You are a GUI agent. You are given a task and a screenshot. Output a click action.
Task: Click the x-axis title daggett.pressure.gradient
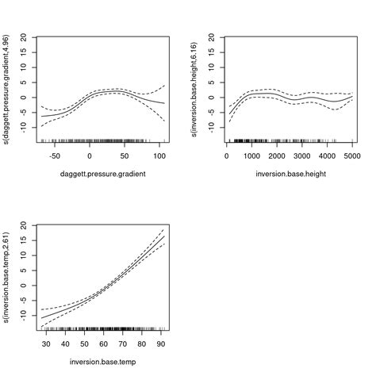(102, 173)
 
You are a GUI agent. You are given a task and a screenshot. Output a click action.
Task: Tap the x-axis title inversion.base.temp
(102, 361)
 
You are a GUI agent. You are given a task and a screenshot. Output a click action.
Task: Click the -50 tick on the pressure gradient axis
(55, 156)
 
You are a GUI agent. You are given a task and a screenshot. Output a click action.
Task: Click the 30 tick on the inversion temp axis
(46, 344)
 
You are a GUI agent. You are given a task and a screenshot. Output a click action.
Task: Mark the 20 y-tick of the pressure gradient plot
(25, 36)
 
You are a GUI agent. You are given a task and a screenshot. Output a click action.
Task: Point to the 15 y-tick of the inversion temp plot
(25, 240)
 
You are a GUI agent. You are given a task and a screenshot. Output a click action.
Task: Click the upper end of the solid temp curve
(164, 236)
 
